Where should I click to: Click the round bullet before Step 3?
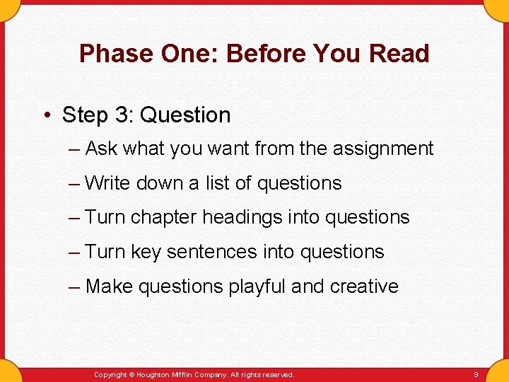tap(47, 115)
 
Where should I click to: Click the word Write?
tap(107, 183)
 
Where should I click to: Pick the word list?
tap(217, 183)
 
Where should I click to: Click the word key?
tap(146, 252)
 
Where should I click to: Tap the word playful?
tap(257, 286)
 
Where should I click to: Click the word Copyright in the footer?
tap(110, 374)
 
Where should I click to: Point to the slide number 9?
tap(476, 374)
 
